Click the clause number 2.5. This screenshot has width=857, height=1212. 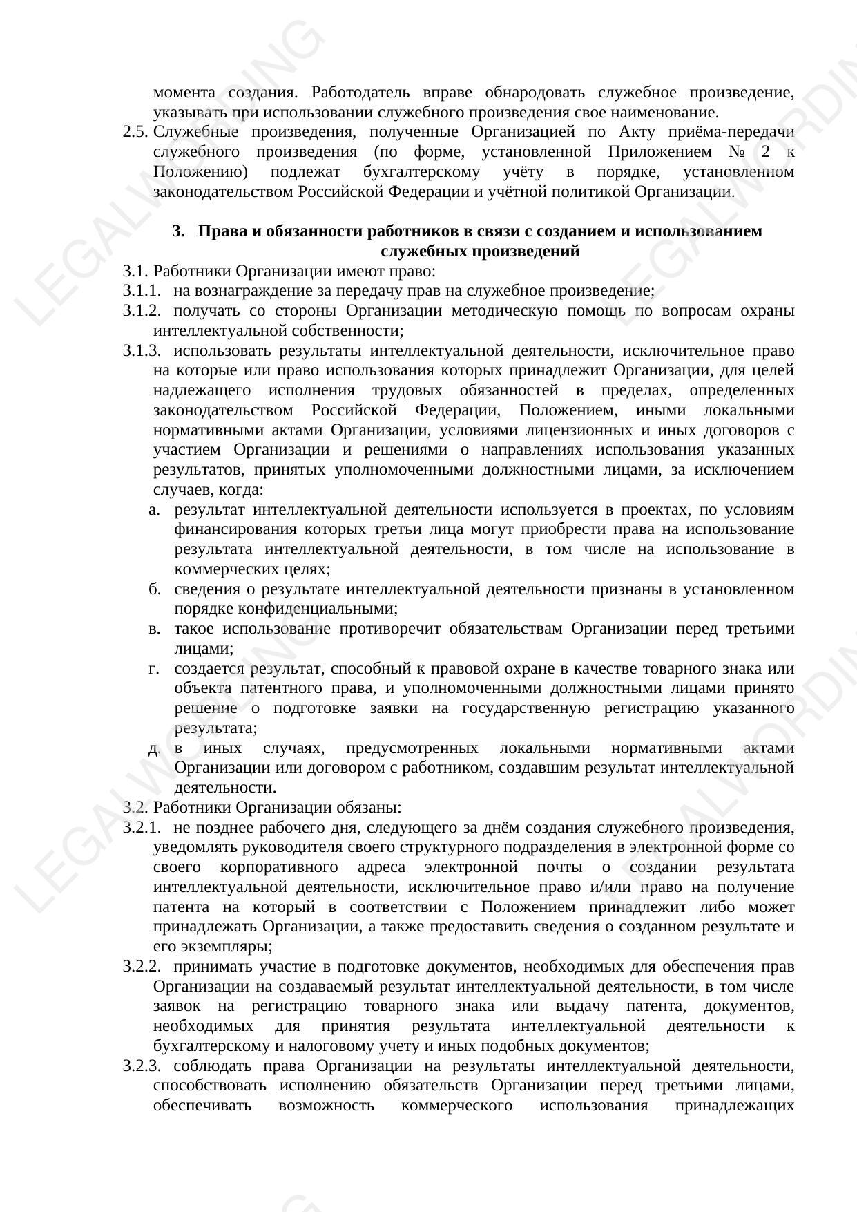click(135, 132)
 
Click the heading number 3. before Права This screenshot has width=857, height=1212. click(179, 231)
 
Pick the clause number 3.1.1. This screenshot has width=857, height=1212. click(142, 291)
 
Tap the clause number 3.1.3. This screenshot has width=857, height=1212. click(142, 351)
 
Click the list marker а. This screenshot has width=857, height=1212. click(154, 510)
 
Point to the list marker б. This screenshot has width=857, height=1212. click(154, 589)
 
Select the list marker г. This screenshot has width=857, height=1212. click(154, 669)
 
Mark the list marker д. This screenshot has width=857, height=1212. click(154, 748)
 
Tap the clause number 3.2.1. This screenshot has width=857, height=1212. click(142, 828)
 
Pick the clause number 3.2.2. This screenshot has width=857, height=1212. click(142, 967)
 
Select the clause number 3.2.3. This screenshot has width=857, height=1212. click(142, 1066)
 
